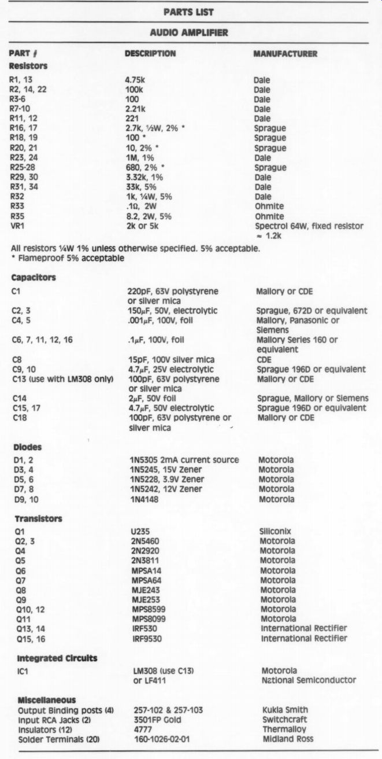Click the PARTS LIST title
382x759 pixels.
coord(188,12)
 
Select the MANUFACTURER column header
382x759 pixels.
coord(285,54)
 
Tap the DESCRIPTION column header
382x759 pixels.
coord(150,54)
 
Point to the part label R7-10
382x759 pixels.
coord(21,109)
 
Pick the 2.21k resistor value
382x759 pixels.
coord(137,109)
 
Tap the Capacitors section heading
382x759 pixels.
coord(34,278)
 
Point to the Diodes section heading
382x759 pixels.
coord(25,447)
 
